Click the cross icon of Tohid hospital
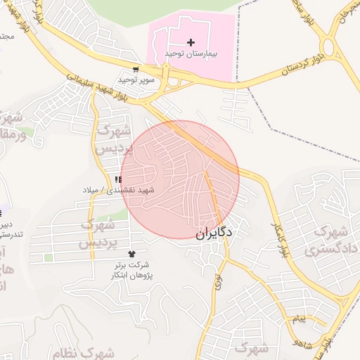pyautogui.click(x=191, y=43)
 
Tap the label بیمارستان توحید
pyautogui.click(x=191, y=53)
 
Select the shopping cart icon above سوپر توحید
pyautogui.click(x=135, y=70)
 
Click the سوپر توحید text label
pyautogui.click(x=135, y=79)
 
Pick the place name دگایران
pyautogui.click(x=214, y=231)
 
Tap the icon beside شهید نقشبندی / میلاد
pyautogui.click(x=117, y=181)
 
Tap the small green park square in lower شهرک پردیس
pyautogui.click(x=48, y=258)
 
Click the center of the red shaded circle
pyautogui.click(x=180, y=179)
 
